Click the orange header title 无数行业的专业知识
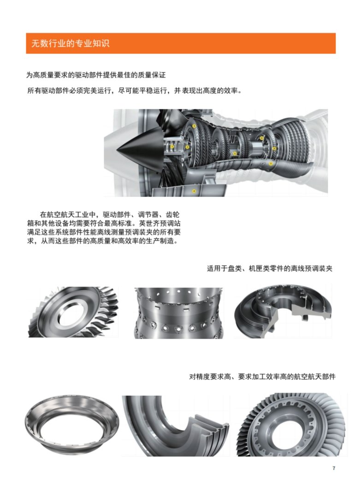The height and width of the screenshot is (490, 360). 70,43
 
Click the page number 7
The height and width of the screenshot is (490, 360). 334,468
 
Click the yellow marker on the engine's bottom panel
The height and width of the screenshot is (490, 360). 194,191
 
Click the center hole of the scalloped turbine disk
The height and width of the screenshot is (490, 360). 289,430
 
